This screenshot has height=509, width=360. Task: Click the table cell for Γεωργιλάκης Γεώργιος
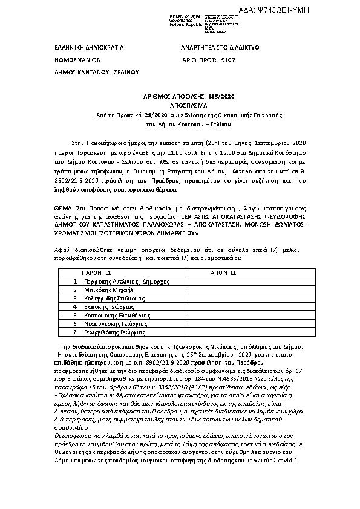106,332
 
